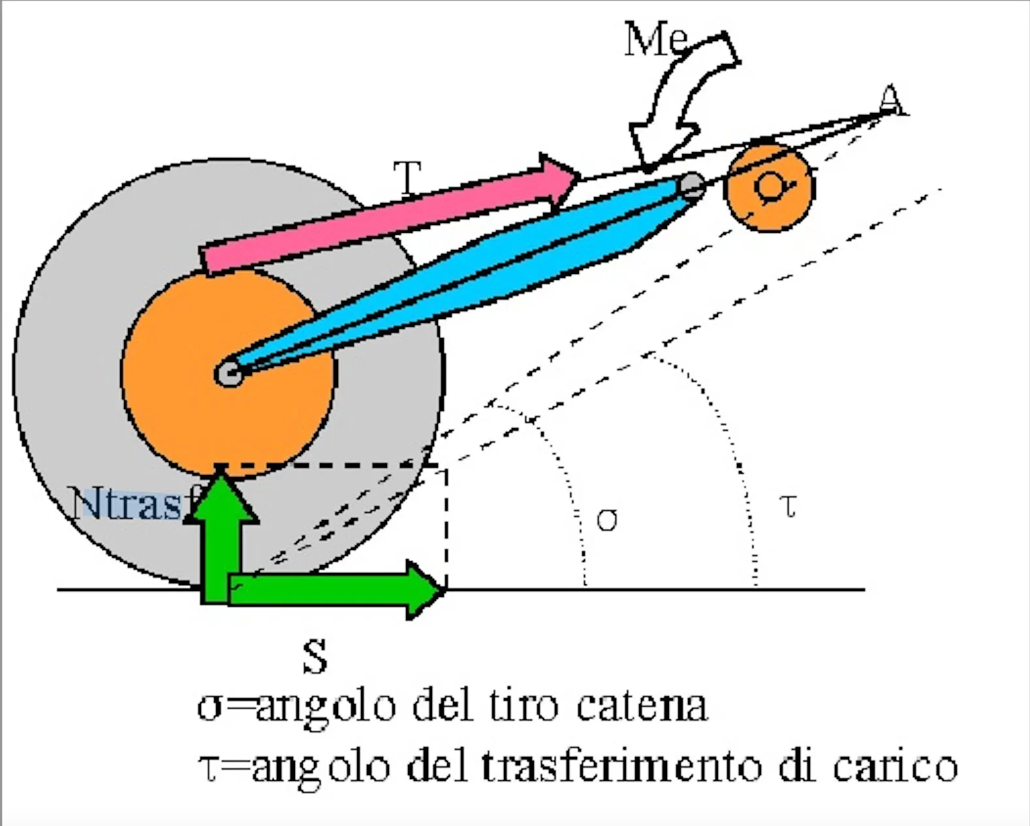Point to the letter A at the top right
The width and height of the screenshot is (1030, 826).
coord(890,101)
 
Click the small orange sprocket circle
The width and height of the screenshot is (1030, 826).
coord(770,187)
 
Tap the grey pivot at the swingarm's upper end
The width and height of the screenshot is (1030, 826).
coord(691,186)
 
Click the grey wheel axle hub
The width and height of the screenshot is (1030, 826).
coord(228,374)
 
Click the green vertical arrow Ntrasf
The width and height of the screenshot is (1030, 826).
coord(221,535)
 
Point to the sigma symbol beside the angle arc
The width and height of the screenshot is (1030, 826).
coord(606,520)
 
